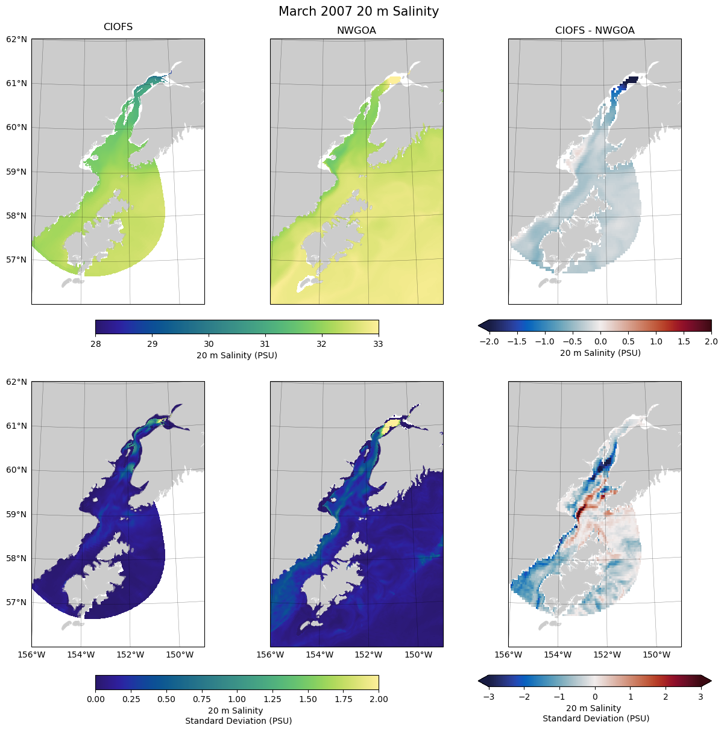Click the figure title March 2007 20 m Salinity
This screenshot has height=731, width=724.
click(359, 11)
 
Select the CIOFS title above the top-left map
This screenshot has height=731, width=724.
click(118, 27)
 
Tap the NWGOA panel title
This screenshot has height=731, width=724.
click(356, 31)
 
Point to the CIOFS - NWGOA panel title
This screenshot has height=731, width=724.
click(594, 31)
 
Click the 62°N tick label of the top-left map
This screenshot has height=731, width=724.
click(17, 39)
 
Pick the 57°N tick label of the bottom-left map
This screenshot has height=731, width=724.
click(17, 602)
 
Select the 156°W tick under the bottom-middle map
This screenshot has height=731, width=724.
click(270, 655)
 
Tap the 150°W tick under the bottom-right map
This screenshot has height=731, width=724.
click(656, 655)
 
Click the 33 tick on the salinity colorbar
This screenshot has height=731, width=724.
click(379, 344)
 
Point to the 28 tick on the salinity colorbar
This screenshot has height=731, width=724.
click(95, 344)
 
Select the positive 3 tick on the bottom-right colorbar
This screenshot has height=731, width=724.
click(700, 697)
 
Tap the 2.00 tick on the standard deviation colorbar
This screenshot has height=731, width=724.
click(379, 699)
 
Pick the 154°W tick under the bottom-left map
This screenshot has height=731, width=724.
click(81, 655)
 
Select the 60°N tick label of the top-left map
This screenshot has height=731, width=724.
click(17, 128)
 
